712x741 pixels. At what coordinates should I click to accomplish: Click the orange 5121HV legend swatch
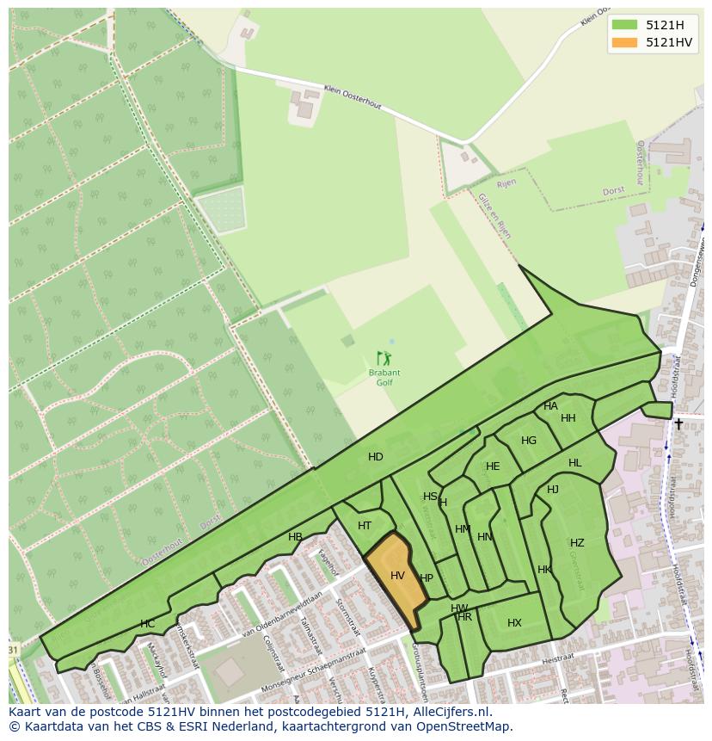(625, 42)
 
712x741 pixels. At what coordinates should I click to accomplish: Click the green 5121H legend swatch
(625, 25)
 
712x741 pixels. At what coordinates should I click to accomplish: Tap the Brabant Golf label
(384, 377)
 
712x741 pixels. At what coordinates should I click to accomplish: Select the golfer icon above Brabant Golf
(384, 358)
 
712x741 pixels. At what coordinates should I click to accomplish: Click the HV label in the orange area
(397, 575)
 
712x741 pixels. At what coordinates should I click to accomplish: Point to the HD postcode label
(376, 457)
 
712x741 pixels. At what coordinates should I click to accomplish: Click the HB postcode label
(295, 537)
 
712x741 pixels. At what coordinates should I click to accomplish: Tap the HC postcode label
(148, 623)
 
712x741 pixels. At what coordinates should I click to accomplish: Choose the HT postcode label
(365, 526)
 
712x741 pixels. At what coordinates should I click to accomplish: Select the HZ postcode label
(577, 543)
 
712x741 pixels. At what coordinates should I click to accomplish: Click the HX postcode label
(514, 623)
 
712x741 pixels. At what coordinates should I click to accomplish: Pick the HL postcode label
(574, 463)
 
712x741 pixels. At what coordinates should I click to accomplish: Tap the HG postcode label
(529, 441)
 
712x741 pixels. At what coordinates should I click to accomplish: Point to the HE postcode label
(493, 466)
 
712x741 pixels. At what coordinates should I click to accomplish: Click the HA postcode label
(550, 406)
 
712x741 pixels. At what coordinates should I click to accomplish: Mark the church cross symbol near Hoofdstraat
(678, 423)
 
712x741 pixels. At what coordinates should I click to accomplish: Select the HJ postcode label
(553, 490)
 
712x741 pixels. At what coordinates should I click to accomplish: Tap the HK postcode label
(544, 570)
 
